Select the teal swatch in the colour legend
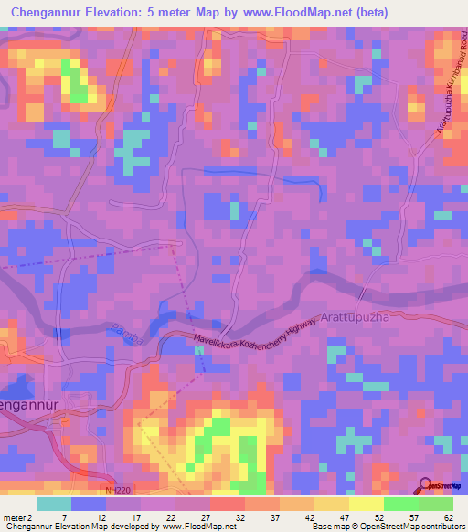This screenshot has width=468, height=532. [x=54, y=504]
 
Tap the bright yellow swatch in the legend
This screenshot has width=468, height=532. [x=366, y=504]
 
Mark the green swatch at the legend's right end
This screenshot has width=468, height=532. [x=435, y=504]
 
